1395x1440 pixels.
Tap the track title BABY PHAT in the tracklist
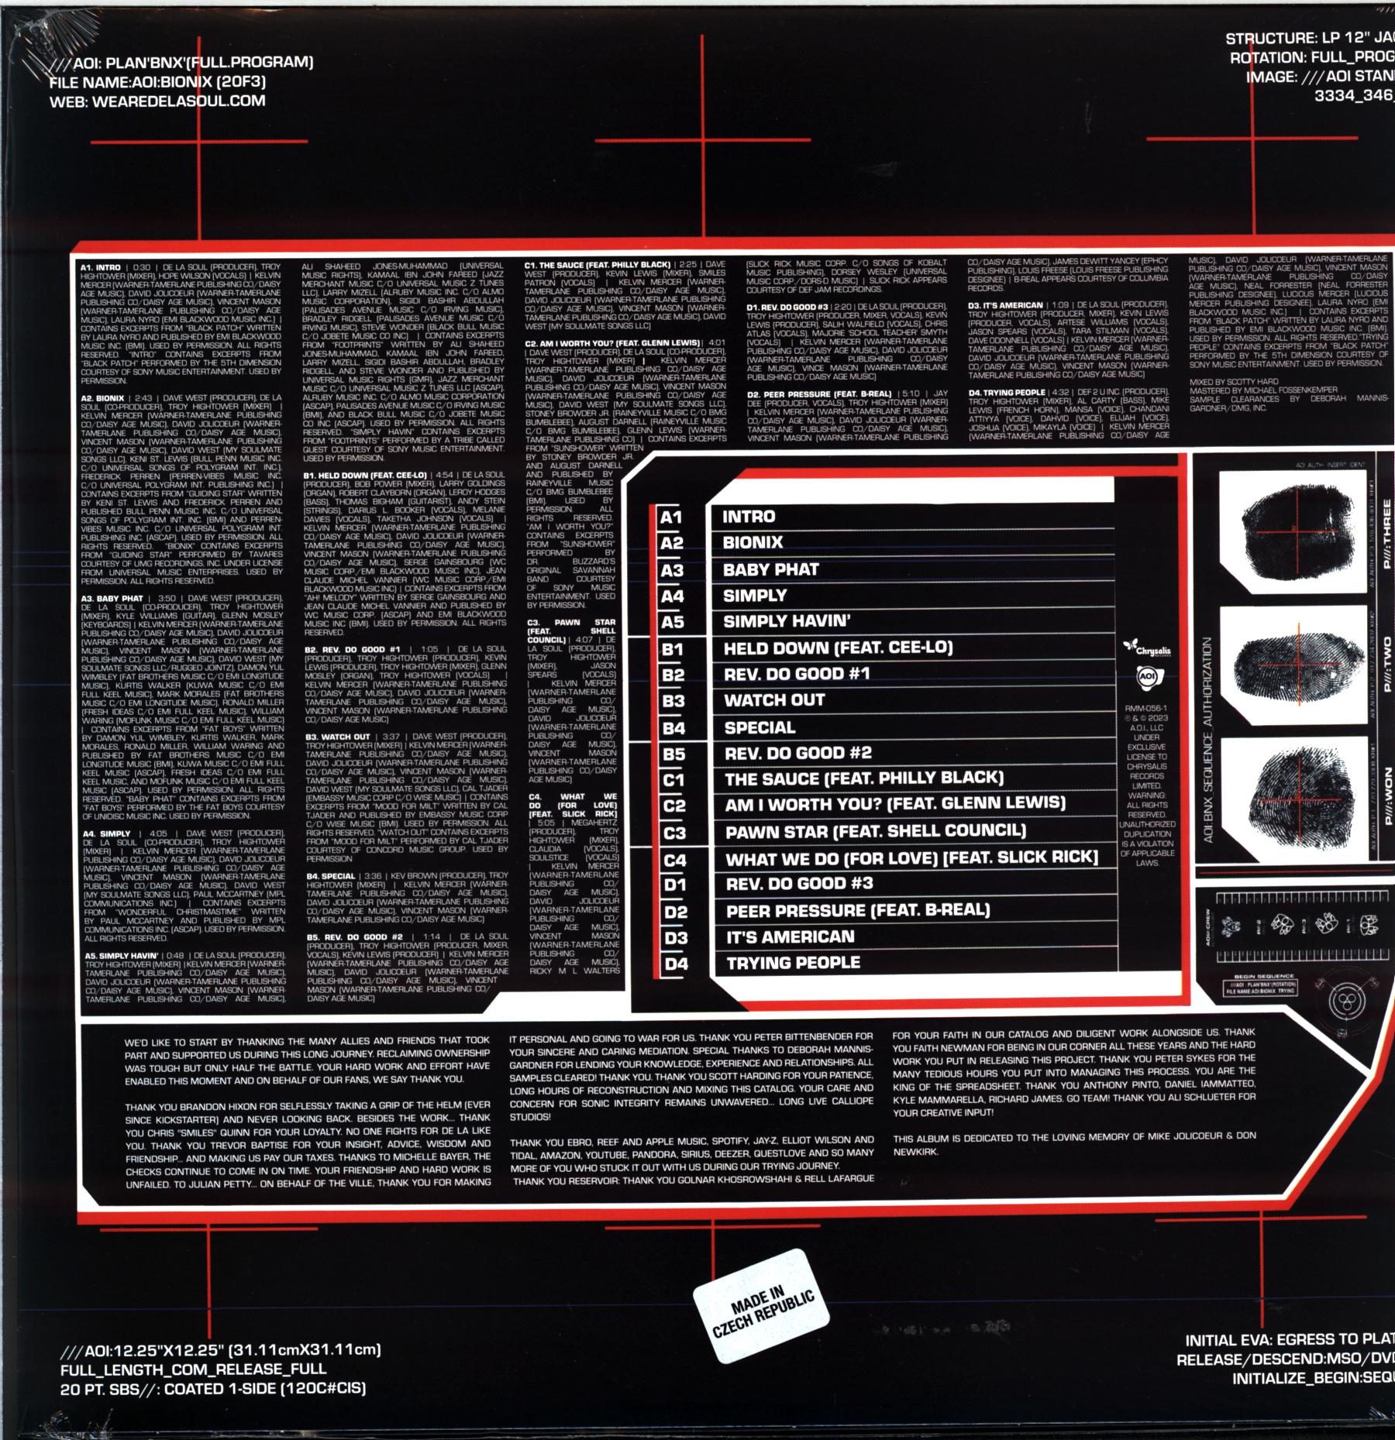(770, 570)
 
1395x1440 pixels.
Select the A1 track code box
(670, 517)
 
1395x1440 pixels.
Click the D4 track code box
(676, 964)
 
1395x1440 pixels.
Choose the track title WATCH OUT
(774, 700)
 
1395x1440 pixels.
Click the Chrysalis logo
(1147, 648)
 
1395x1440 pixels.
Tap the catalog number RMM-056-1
(1147, 708)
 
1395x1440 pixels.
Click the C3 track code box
(675, 833)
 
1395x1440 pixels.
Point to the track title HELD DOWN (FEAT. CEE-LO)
(838, 648)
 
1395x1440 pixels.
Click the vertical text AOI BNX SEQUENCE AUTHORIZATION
(1207, 740)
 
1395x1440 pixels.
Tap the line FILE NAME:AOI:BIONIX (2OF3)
(157, 81)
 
